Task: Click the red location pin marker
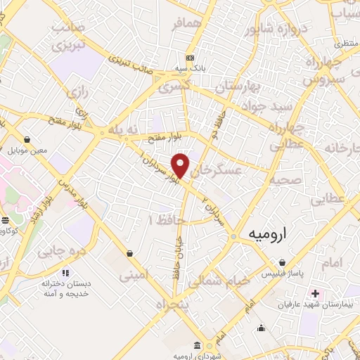pyautogui.click(x=181, y=166)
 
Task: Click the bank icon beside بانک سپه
pyautogui.click(x=190, y=58)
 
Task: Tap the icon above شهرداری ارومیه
pyautogui.click(x=196, y=345)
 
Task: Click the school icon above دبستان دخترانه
pyautogui.click(x=65, y=273)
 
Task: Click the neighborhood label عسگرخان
pyautogui.click(x=217, y=171)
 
